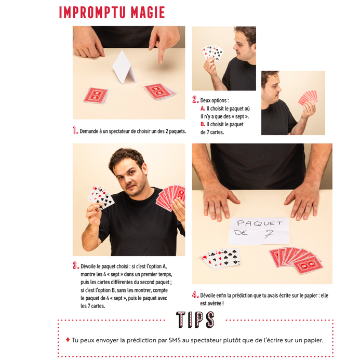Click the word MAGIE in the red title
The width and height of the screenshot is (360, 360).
(x=148, y=12)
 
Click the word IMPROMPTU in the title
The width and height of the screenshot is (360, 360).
(x=92, y=12)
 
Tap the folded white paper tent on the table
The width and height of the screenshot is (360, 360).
(x=125, y=67)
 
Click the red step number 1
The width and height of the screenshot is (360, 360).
(x=75, y=130)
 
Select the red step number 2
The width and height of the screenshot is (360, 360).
(x=195, y=99)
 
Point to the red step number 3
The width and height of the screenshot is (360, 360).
(x=76, y=265)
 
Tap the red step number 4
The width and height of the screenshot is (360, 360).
(x=195, y=295)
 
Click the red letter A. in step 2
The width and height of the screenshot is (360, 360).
(x=203, y=109)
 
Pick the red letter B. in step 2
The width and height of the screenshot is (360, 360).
(x=203, y=124)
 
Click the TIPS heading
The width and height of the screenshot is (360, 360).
(x=195, y=320)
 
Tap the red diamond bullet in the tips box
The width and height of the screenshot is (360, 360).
(x=68, y=340)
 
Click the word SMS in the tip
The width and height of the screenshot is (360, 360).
(x=175, y=340)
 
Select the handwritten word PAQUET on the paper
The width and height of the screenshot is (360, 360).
(x=260, y=223)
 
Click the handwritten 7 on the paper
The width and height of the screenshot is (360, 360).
(x=269, y=234)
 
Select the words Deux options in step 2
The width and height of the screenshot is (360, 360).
(x=214, y=101)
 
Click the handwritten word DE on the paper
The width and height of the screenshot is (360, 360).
(x=241, y=233)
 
